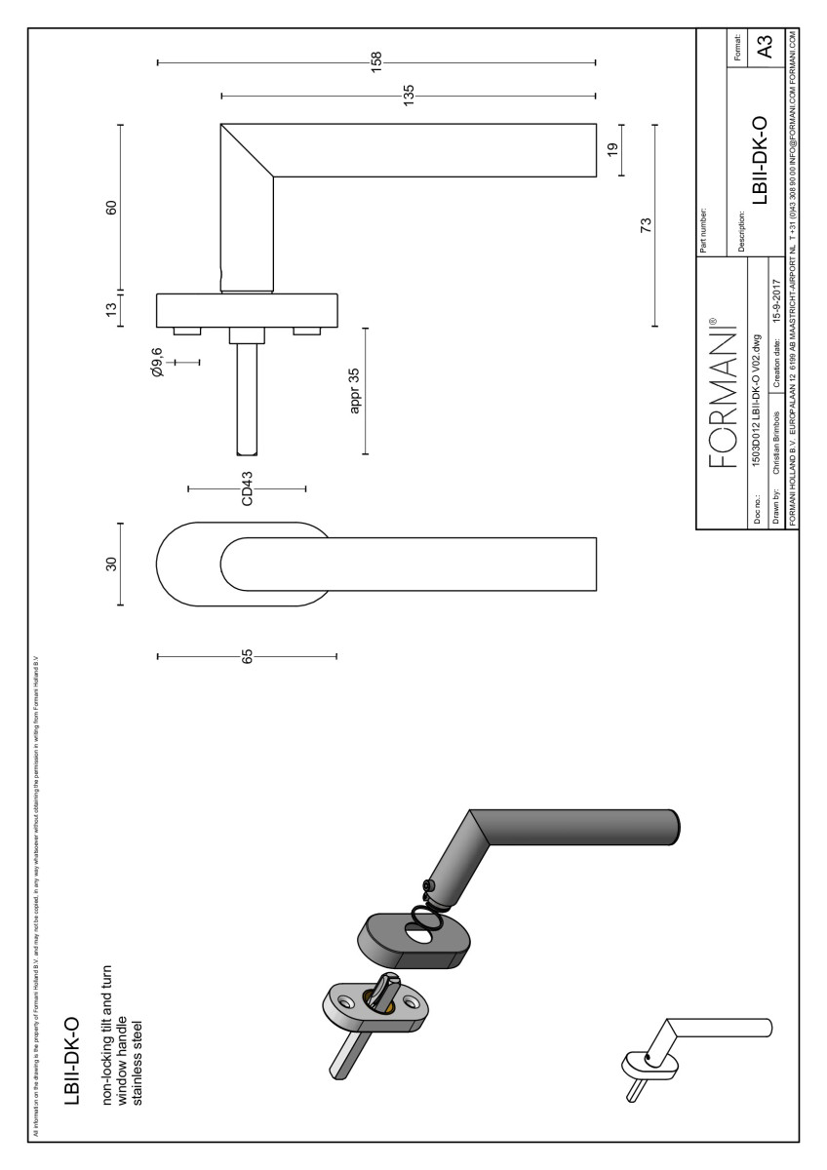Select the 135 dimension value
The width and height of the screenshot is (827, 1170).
(409, 96)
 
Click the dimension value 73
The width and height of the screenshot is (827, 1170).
(646, 226)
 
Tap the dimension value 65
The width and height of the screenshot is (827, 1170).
(247, 656)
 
